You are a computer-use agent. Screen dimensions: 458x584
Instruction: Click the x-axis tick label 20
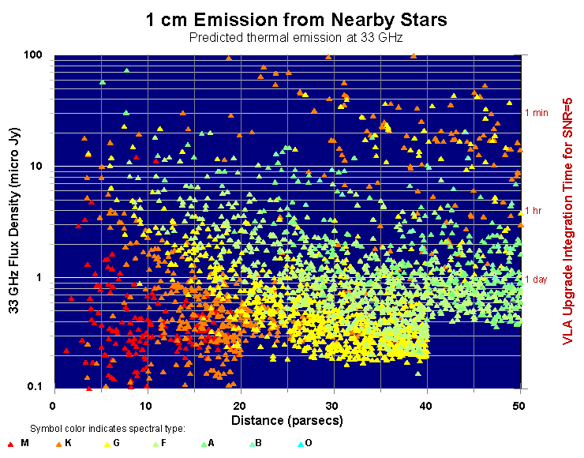pos(241,404)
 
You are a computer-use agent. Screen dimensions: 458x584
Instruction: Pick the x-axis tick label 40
pos(427,404)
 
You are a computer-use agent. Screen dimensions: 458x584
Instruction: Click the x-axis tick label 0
pos(54,404)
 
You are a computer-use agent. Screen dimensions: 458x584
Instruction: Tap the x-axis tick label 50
pos(520,404)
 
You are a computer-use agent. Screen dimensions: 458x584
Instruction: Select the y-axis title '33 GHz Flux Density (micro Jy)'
pos(15,221)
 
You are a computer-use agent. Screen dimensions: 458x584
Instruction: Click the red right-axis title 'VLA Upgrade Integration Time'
pos(568,221)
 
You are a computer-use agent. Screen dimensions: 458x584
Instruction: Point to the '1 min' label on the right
pos(537,113)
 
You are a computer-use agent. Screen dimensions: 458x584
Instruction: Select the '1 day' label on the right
pos(536,279)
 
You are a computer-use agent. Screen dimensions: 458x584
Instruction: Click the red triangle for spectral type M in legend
pos(9,445)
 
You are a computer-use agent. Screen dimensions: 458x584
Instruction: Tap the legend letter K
pos(69,444)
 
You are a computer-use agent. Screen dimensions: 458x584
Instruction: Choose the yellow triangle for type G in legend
pos(107,445)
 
